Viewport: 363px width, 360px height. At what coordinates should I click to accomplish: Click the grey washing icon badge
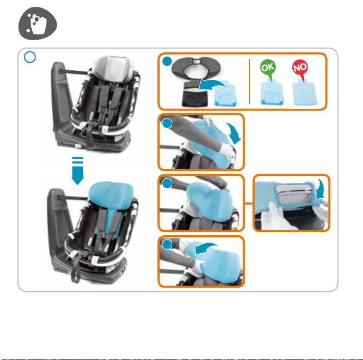point(38,23)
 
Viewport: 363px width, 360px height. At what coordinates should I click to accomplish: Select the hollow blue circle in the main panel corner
point(30,57)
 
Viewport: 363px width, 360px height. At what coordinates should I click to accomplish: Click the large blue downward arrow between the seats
point(78,171)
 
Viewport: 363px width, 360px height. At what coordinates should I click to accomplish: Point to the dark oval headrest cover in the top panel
point(197,68)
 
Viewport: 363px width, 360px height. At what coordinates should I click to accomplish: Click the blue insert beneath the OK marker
point(272,92)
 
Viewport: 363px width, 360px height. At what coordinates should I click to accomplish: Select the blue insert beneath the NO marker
point(304,92)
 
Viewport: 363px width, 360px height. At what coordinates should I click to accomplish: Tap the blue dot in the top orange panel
point(167,61)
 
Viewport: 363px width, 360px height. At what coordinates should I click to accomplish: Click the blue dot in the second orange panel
point(167,123)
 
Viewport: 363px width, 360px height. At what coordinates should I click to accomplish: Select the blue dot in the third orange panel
point(167,183)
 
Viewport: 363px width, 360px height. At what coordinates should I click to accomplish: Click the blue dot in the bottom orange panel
point(167,244)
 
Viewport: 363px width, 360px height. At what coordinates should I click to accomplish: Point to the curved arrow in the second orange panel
point(235,132)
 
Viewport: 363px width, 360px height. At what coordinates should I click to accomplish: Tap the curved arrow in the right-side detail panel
point(321,189)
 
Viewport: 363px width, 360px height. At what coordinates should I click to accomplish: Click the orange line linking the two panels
point(249,204)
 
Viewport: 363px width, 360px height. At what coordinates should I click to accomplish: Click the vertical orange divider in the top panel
point(249,81)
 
